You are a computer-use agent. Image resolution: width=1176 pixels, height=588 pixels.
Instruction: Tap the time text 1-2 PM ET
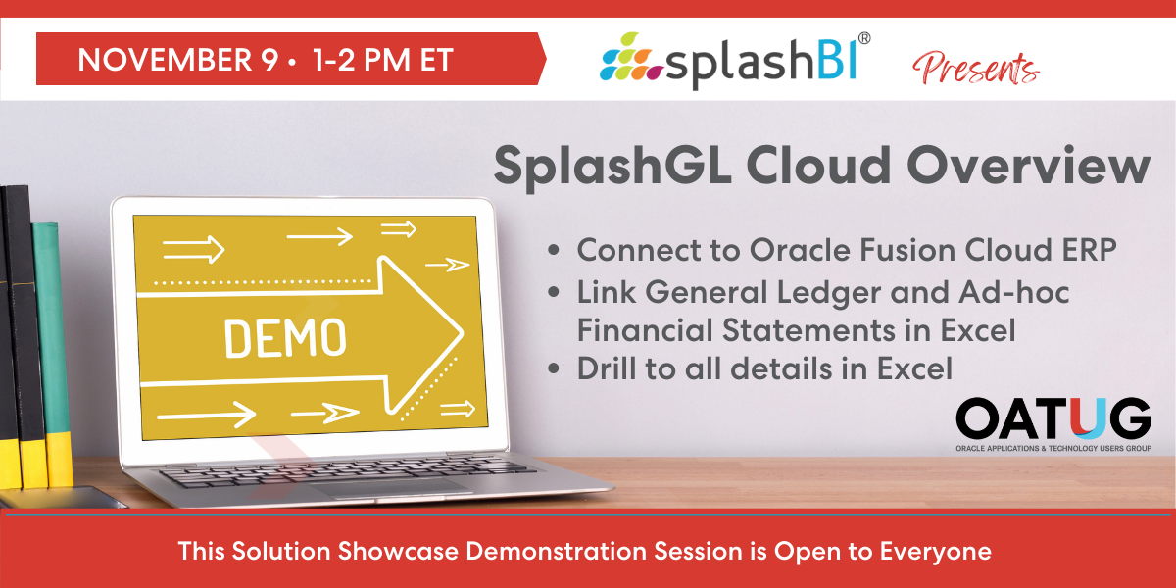coord(383,60)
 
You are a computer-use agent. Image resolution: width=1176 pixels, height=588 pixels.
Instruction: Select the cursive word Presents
coord(975,69)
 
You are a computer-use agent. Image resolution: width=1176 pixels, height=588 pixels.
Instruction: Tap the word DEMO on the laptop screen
coord(285,339)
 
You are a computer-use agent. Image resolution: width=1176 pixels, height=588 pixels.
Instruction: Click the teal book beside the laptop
coord(52,353)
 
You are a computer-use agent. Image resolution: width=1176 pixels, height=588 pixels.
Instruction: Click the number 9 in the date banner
coord(270,60)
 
